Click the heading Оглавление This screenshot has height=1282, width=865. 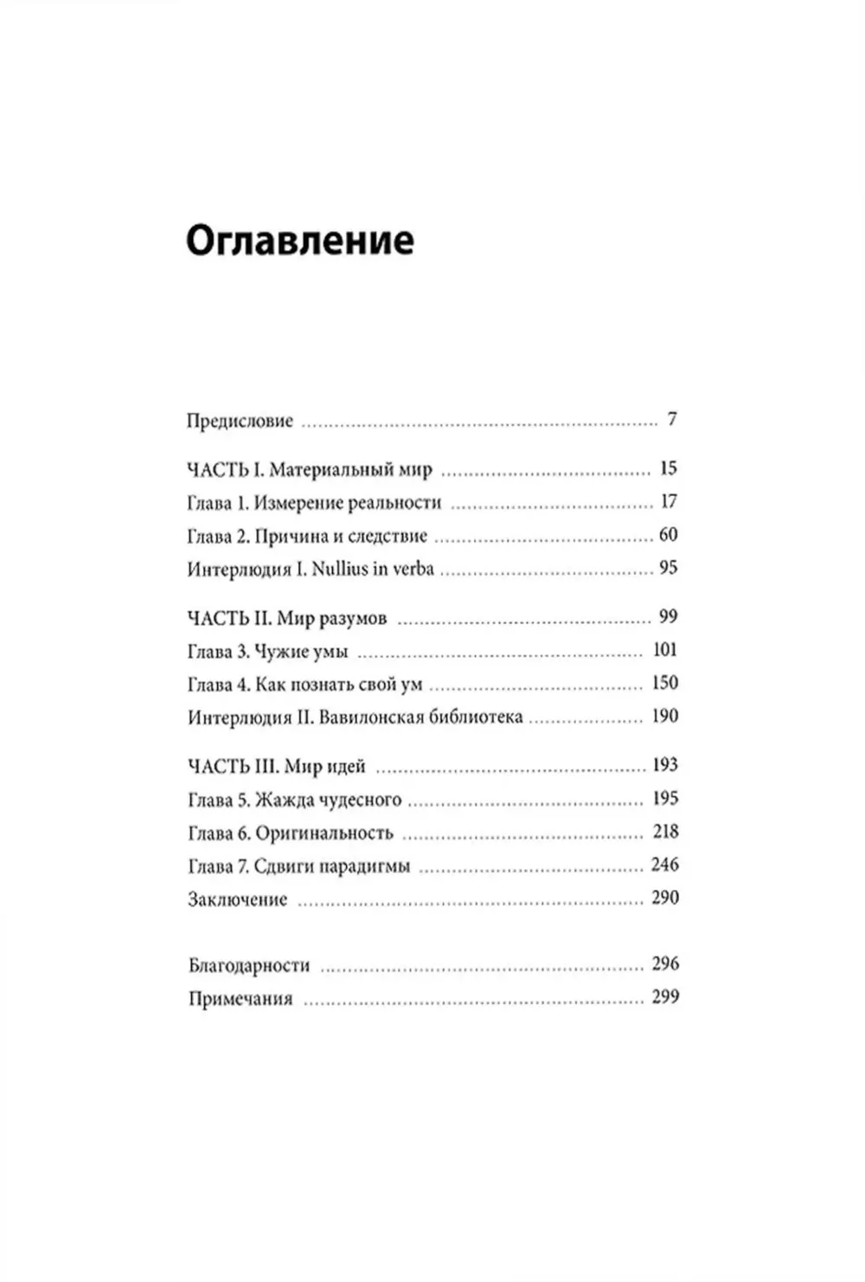pos(299,241)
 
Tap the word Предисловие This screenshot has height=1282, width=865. pos(240,422)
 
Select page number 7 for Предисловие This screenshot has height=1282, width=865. pos(672,420)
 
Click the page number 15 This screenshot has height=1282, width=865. pos(668,469)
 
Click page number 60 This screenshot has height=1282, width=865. pos(668,535)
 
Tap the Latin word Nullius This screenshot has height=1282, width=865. pos(339,570)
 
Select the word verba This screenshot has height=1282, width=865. pos(413,570)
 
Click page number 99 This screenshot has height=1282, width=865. pos(668,617)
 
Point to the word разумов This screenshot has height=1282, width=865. pos(353,619)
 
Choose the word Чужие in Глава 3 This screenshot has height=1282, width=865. pos(282,652)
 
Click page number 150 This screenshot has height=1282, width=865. pos(664,683)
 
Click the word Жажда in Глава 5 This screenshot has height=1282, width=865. pos(283,800)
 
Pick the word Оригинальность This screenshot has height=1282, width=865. pos(324,834)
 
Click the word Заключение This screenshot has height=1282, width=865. pos(237,899)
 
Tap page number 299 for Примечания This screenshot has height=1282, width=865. pos(665,997)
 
